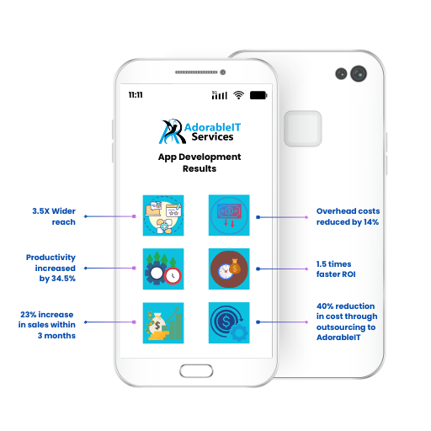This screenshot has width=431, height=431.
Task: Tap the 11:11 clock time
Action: pyautogui.click(x=136, y=95)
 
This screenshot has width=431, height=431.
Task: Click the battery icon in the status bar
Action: pyautogui.click(x=258, y=95)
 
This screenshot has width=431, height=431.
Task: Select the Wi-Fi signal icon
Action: pyautogui.click(x=238, y=95)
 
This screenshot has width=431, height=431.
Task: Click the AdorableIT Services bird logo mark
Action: pyautogui.click(x=173, y=131)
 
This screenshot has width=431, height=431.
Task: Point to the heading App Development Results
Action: pyautogui.click(x=200, y=162)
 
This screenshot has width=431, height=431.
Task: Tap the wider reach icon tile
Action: pyautogui.click(x=163, y=215)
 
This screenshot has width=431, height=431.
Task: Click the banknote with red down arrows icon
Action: pyautogui.click(x=229, y=215)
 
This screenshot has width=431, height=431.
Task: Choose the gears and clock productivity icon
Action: pyautogui.click(x=163, y=269)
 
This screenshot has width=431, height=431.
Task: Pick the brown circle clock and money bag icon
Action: pyautogui.click(x=229, y=269)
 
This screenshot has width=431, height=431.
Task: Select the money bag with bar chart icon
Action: pyautogui.click(x=163, y=323)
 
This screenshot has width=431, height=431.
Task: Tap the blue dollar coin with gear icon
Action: pyautogui.click(x=229, y=322)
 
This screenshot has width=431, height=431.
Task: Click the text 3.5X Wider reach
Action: pyautogui.click(x=54, y=216)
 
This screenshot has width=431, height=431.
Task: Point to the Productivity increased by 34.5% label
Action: pyautogui.click(x=51, y=268)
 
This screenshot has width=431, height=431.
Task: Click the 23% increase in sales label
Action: pyautogui.click(x=47, y=325)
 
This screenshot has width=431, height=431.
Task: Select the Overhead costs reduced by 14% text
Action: pyautogui.click(x=348, y=216)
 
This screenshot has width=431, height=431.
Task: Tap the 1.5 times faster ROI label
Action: pyautogui.click(x=336, y=269)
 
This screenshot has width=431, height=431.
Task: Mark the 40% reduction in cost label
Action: pyautogui.click(x=347, y=322)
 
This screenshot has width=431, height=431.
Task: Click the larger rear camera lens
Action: pyautogui.click(x=359, y=74)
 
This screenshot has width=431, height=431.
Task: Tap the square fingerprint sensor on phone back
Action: pyautogui.click(x=303, y=129)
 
